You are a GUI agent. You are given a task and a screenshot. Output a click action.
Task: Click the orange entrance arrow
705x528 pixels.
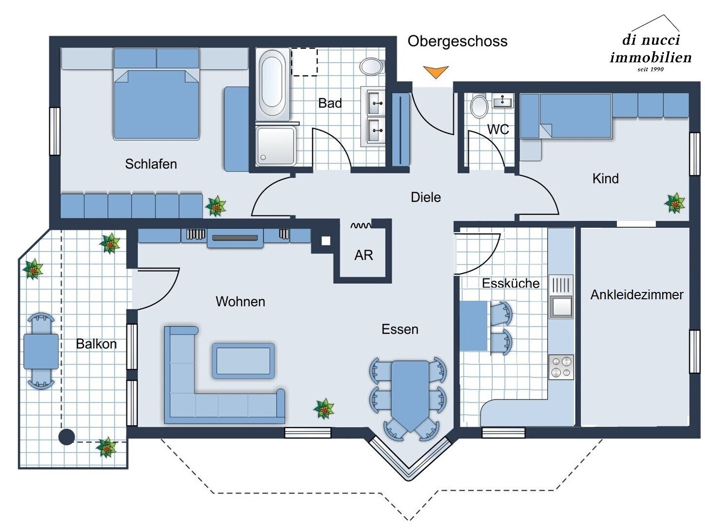point(435,72)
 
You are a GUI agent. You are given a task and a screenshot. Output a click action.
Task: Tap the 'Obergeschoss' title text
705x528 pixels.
point(457,41)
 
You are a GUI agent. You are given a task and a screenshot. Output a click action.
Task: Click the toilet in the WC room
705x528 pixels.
point(480,106)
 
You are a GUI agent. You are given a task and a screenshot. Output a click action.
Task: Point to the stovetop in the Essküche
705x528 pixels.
point(561,367)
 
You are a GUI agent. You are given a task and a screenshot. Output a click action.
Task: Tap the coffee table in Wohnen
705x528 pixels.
point(243,361)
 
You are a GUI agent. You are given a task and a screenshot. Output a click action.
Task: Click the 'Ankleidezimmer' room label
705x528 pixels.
point(636,294)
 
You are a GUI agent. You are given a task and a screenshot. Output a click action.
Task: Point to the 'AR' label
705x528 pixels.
point(363,255)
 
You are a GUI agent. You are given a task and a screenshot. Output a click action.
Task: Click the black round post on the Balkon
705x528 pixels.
point(67,437)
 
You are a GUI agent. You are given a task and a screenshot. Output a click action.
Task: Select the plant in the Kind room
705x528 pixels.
point(675,203)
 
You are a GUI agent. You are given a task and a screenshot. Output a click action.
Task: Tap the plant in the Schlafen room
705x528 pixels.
point(215,206)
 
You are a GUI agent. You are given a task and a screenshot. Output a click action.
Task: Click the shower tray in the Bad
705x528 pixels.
point(276,146)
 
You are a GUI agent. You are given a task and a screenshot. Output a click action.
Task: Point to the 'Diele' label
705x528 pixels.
point(426,197)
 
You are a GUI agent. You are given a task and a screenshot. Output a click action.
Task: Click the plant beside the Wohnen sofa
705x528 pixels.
point(324,408)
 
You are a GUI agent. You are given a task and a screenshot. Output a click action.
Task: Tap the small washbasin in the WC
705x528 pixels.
point(502,101)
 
